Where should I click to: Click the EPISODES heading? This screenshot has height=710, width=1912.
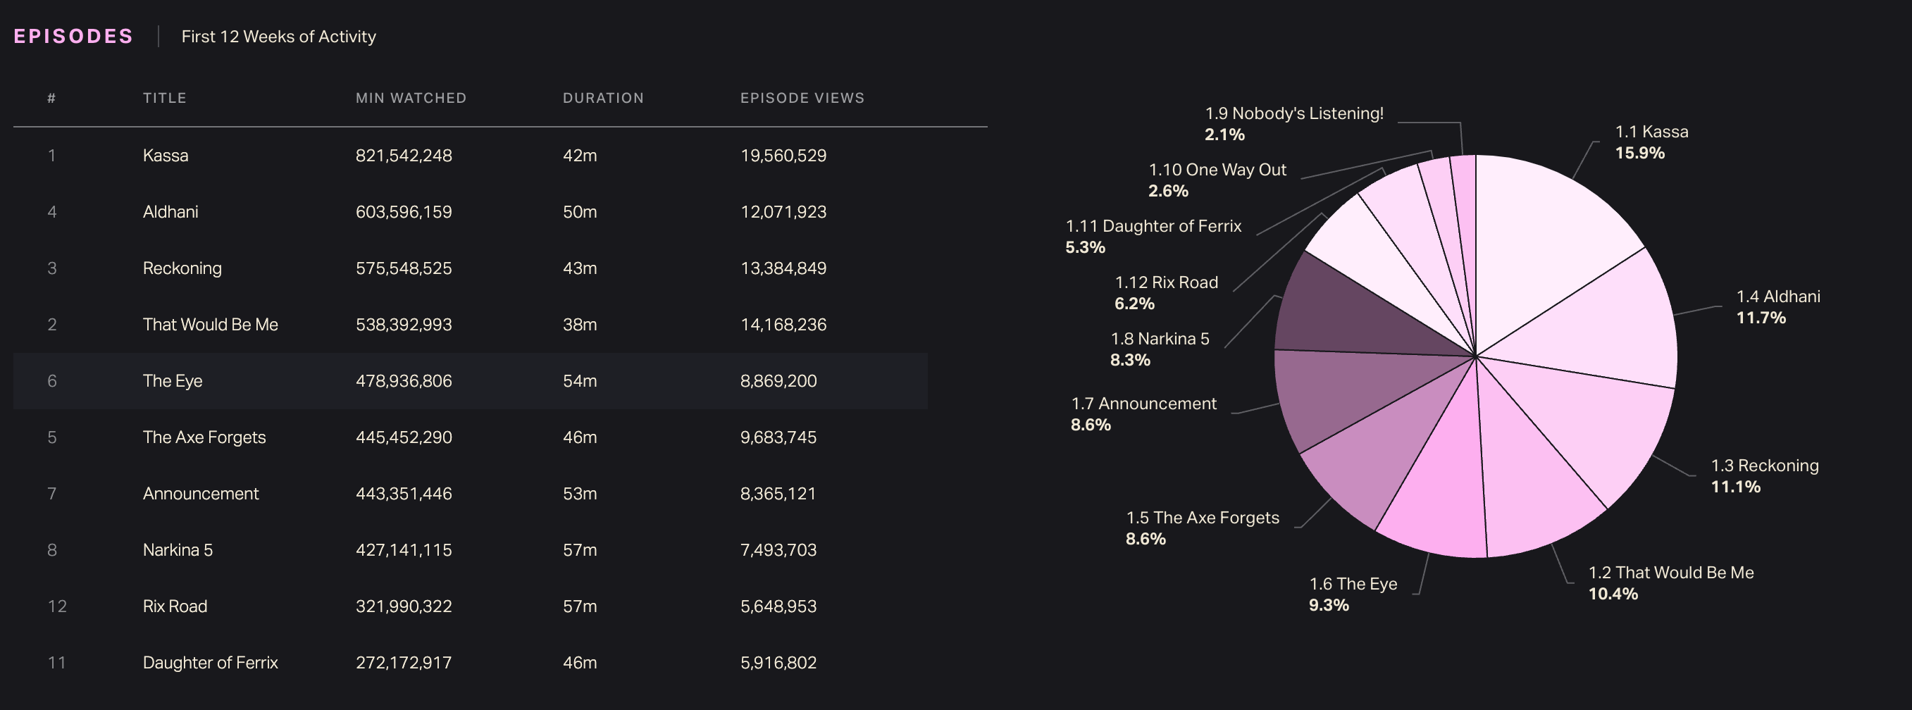point(73,37)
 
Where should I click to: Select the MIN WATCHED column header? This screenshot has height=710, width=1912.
point(411,98)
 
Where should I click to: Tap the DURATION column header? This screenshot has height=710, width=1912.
point(603,98)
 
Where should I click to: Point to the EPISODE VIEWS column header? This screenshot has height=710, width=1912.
point(802,98)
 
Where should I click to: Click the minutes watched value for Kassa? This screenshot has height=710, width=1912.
point(403,156)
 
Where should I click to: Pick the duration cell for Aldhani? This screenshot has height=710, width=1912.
point(579,212)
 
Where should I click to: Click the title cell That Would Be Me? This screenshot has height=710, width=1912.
point(210,325)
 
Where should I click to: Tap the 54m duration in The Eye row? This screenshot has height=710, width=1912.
point(579,381)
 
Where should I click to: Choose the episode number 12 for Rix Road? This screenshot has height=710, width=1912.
point(56,607)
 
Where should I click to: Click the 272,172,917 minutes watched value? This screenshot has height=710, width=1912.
point(403,664)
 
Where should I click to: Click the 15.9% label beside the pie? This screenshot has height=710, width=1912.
point(1639,154)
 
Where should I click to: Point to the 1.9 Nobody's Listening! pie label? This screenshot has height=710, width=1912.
point(1293,113)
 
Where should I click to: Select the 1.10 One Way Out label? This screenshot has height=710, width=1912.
point(1217,170)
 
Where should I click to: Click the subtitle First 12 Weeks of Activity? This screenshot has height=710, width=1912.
point(278,37)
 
